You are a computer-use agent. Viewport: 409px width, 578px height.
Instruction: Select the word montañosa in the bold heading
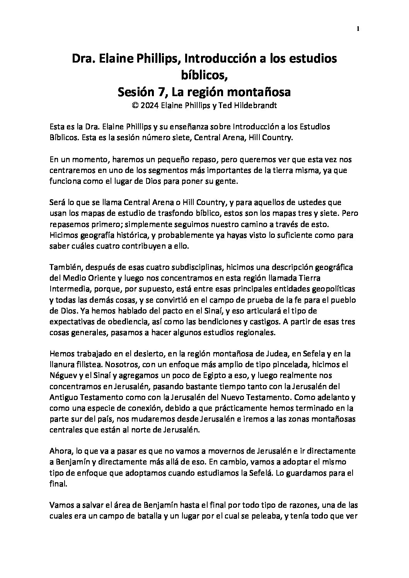click(257, 92)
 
